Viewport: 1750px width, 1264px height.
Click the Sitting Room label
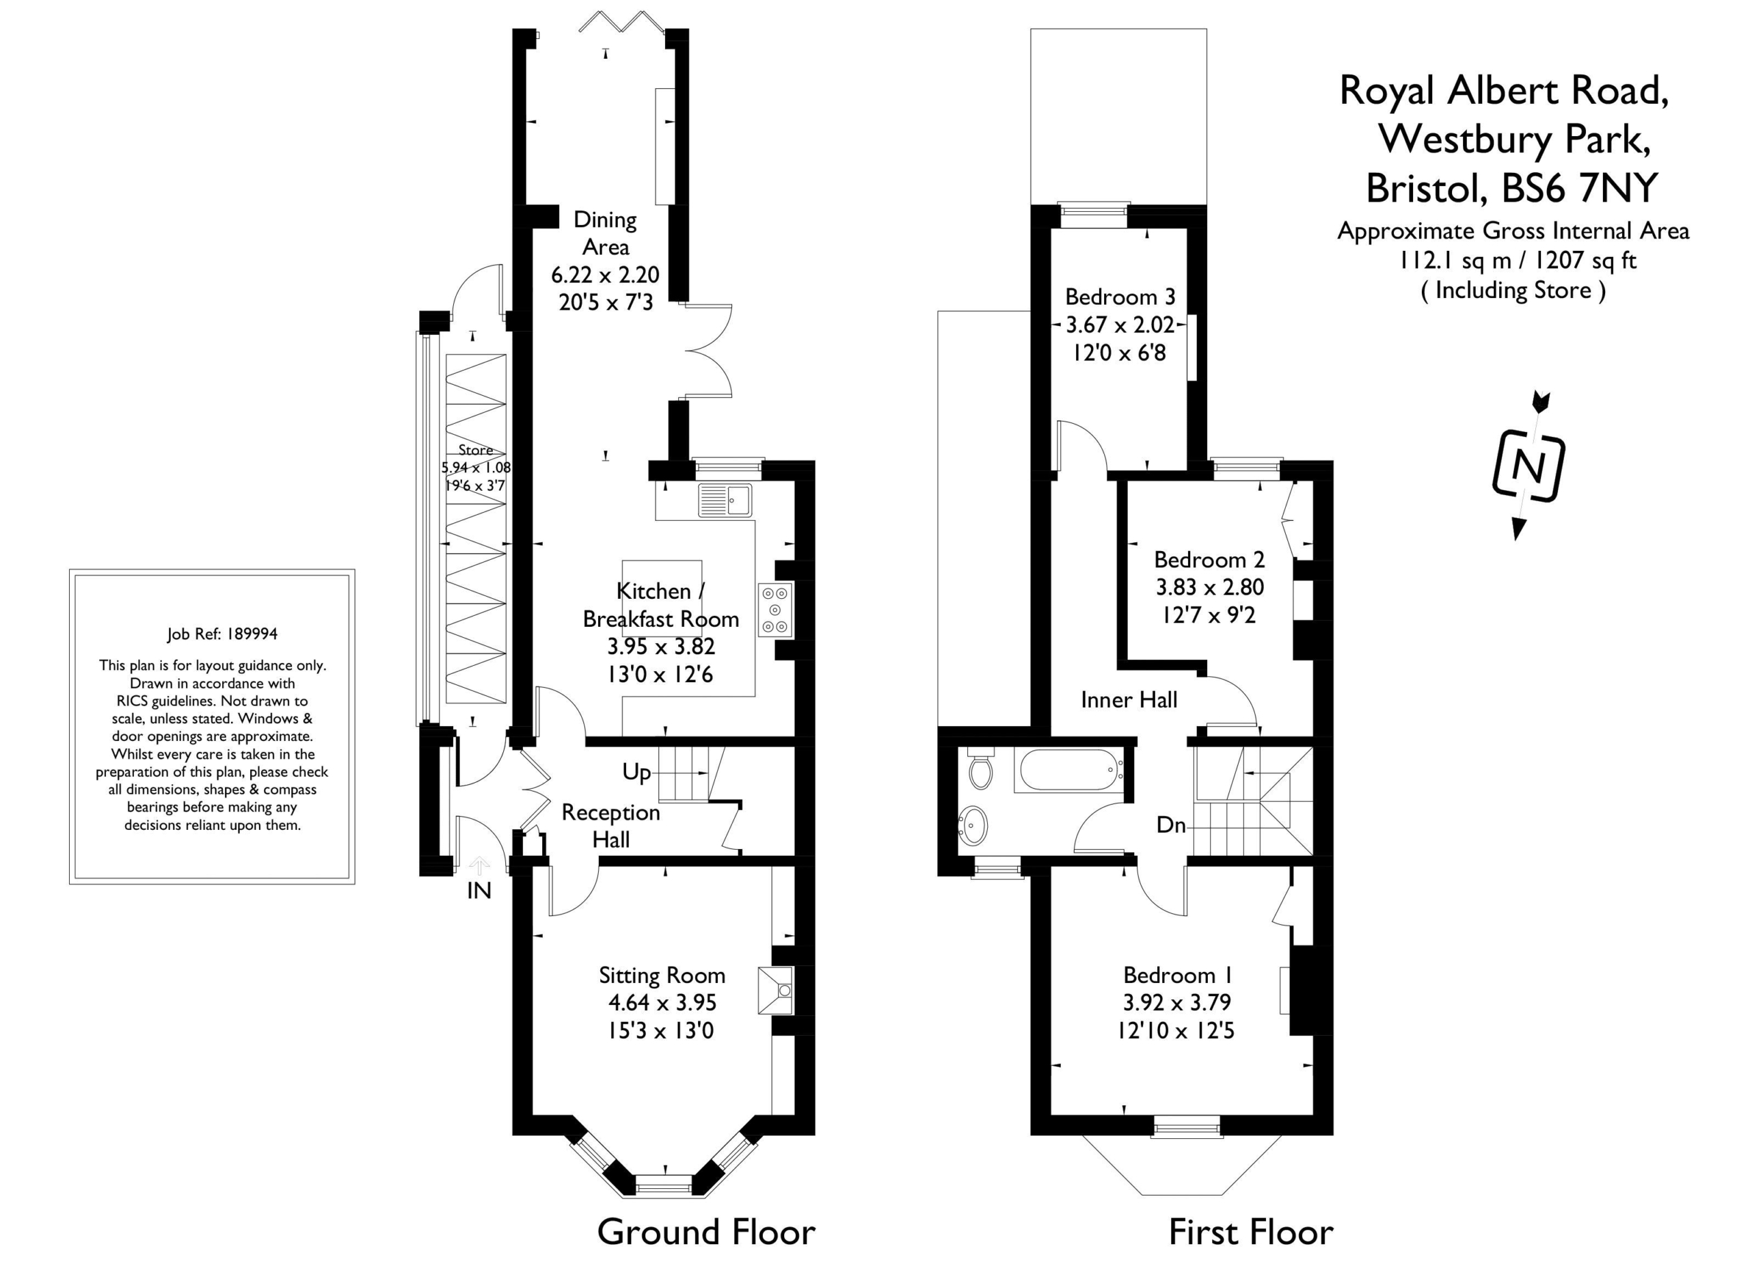662,976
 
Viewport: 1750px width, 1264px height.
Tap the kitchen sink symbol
725,500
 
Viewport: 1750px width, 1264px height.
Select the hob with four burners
775,610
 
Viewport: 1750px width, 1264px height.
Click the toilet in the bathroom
981,768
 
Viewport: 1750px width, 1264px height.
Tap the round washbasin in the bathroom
973,826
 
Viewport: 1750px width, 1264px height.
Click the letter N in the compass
1528,466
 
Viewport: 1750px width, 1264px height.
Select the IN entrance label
479,891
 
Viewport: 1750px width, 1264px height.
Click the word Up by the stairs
636,772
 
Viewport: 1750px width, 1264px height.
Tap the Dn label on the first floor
1170,825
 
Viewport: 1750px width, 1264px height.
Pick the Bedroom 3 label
1120,296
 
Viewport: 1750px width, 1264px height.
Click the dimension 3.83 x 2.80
1209,587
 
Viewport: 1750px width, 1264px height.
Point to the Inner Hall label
1129,700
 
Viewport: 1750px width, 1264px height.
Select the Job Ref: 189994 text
222,634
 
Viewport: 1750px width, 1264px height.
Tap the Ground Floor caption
706,1233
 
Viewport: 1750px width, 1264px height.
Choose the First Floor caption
1251,1233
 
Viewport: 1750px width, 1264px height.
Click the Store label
475,450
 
